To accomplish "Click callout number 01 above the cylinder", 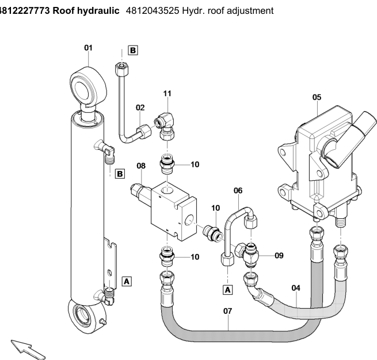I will coord(88,48).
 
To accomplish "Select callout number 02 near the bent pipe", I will coord(140,107).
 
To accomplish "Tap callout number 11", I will coord(167,93).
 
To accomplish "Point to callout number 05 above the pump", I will coord(317,97).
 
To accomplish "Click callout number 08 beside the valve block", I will coord(141,166).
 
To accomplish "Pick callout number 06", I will coord(238,190).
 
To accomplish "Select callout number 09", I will coord(279,254).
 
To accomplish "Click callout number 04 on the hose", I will coord(296,288).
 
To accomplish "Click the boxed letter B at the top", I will coord(133,51).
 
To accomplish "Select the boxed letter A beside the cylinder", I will coord(128,281).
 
